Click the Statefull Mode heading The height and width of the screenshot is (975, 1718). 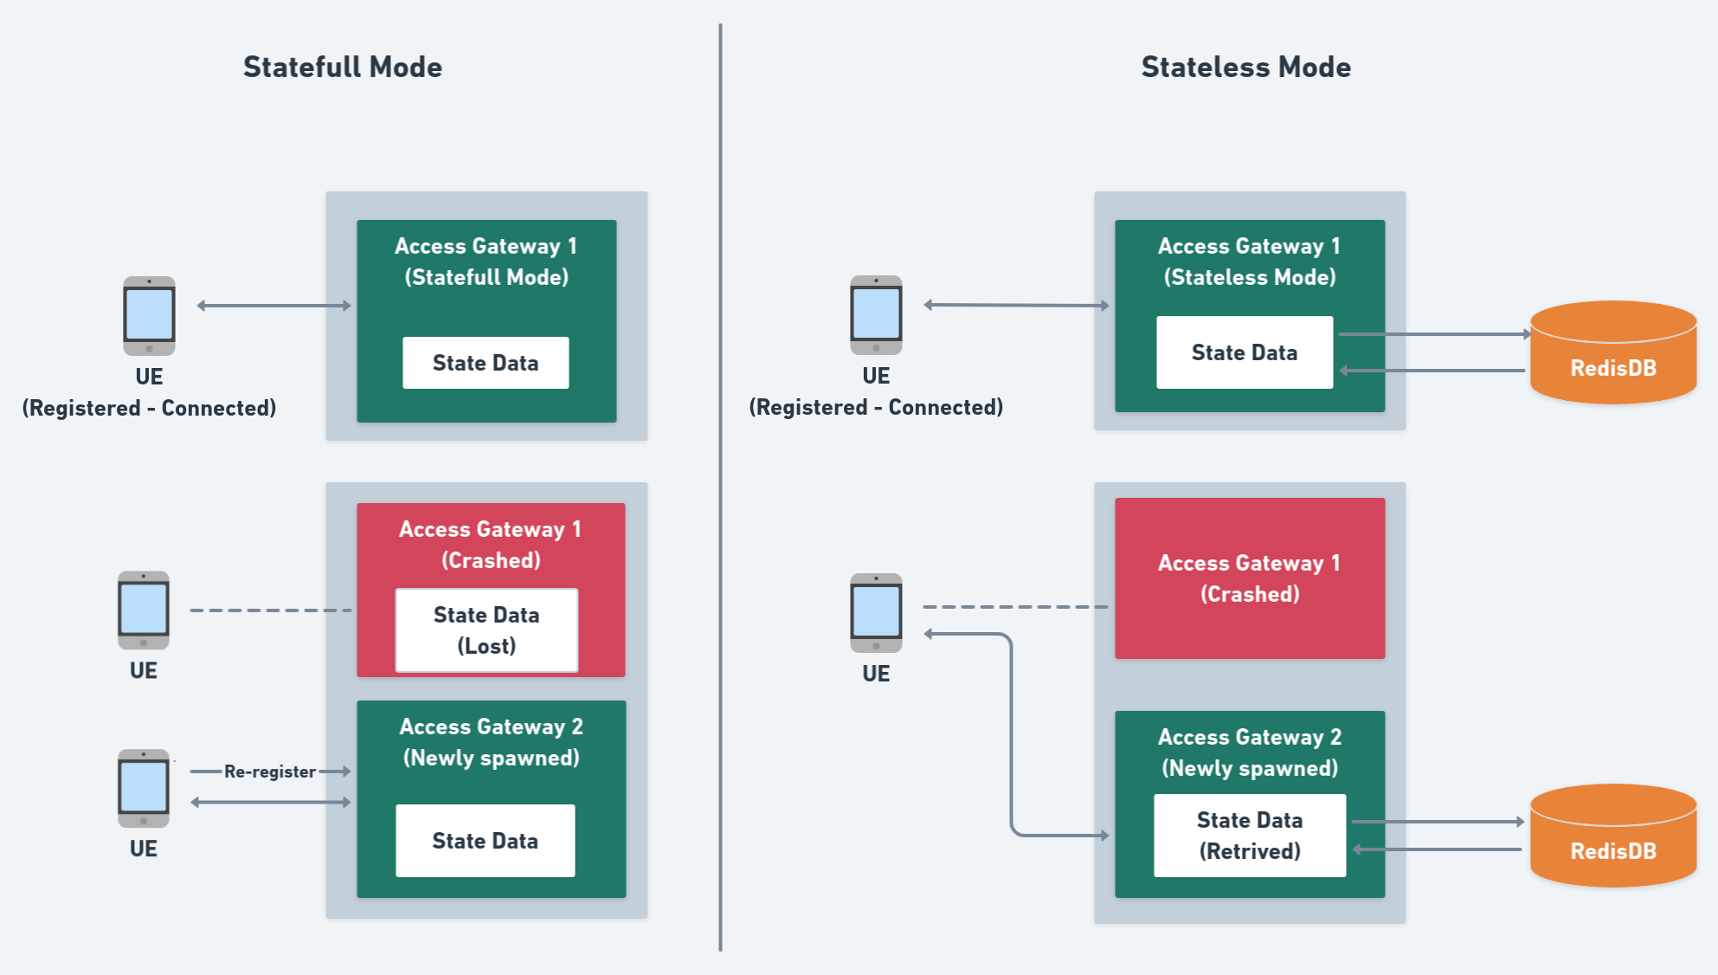[342, 67]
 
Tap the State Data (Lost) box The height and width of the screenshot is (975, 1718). [486, 630]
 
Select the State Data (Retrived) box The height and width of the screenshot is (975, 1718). [1249, 836]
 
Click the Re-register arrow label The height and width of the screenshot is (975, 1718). [269, 772]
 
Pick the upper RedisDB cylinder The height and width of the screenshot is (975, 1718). [1612, 353]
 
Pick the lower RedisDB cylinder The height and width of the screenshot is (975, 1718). [1612, 836]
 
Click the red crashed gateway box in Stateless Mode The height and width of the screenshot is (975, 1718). [1249, 578]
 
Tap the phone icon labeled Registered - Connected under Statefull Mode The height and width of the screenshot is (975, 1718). [149, 315]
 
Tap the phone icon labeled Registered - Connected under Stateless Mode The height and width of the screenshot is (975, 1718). [876, 314]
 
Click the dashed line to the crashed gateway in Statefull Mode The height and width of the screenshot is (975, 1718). [270, 610]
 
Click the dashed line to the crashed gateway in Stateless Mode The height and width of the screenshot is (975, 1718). [1014, 607]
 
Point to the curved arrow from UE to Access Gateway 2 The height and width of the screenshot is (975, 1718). [1011, 736]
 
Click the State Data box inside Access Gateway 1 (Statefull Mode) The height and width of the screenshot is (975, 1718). [486, 363]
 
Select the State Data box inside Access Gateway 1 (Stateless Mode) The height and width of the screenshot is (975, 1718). [1244, 352]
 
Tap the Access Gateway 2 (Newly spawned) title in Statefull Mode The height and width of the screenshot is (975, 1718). [491, 742]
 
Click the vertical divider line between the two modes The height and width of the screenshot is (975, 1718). [720, 485]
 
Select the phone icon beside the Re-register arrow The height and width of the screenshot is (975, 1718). [144, 788]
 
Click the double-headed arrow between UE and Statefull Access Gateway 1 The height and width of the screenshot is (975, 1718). [273, 306]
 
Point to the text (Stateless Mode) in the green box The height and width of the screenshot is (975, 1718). [1249, 277]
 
